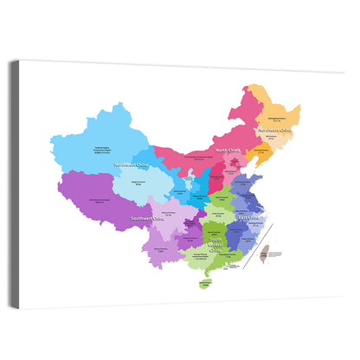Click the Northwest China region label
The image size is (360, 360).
pyautogui.click(x=131, y=165)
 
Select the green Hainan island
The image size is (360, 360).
pyautogui.click(x=205, y=281)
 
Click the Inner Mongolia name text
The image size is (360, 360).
pyautogui.click(x=200, y=157)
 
